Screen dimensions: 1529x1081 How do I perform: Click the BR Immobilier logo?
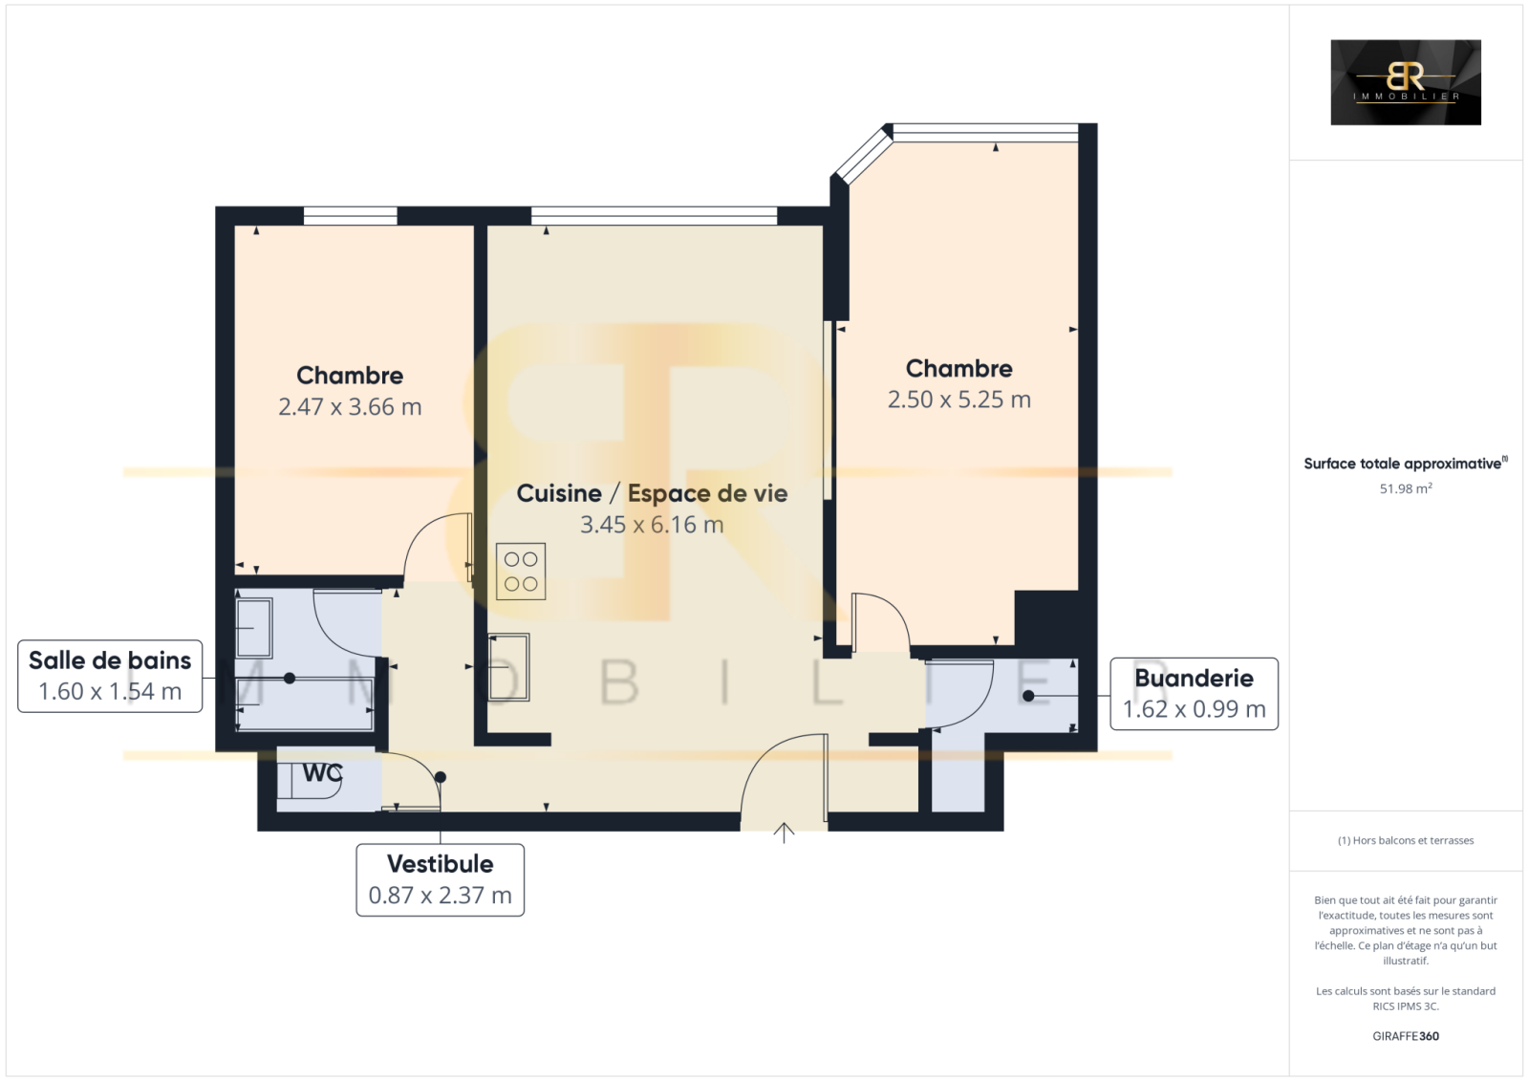(1406, 82)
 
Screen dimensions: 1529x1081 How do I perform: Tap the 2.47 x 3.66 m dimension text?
(350, 407)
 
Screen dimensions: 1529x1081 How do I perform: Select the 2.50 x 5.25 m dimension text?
(959, 400)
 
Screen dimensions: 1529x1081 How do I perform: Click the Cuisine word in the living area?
(559, 493)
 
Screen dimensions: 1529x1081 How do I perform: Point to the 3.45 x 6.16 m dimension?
(652, 525)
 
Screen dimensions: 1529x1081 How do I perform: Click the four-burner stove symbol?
(521, 572)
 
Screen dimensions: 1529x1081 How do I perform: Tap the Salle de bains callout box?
(110, 676)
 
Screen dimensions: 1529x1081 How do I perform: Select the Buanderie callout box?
(1194, 694)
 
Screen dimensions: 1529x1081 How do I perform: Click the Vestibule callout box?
(441, 879)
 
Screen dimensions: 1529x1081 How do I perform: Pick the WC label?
(322, 773)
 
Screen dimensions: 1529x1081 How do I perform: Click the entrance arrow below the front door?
(784, 833)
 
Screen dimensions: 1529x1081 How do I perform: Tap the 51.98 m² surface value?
(1406, 488)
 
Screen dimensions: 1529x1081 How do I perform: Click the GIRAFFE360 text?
(1406, 1036)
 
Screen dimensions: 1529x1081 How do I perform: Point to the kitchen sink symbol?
(508, 668)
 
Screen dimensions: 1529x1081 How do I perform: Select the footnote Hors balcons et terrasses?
(1406, 841)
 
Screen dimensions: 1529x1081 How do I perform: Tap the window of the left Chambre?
(350, 216)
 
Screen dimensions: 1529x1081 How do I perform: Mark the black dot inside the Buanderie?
(1028, 697)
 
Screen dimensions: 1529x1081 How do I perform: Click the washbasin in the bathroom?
(254, 628)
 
